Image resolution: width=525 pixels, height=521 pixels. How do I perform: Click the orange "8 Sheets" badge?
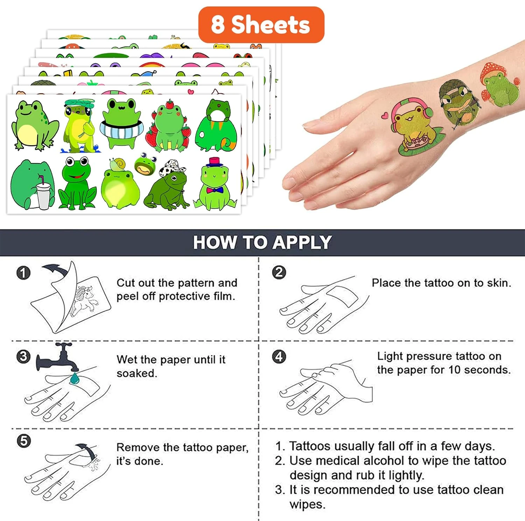[261, 25]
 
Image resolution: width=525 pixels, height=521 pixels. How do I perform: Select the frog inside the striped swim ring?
[122, 123]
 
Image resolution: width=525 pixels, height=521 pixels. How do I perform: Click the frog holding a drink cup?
[33, 185]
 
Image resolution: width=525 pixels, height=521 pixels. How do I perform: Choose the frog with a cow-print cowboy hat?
[167, 185]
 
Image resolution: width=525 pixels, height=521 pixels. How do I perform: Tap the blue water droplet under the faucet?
[75, 378]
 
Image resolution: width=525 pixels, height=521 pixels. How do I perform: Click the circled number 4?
[279, 357]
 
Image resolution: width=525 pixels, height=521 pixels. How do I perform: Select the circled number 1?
[23, 273]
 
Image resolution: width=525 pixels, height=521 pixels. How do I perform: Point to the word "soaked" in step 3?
[136, 373]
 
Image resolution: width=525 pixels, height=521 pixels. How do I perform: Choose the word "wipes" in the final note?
[307, 505]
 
